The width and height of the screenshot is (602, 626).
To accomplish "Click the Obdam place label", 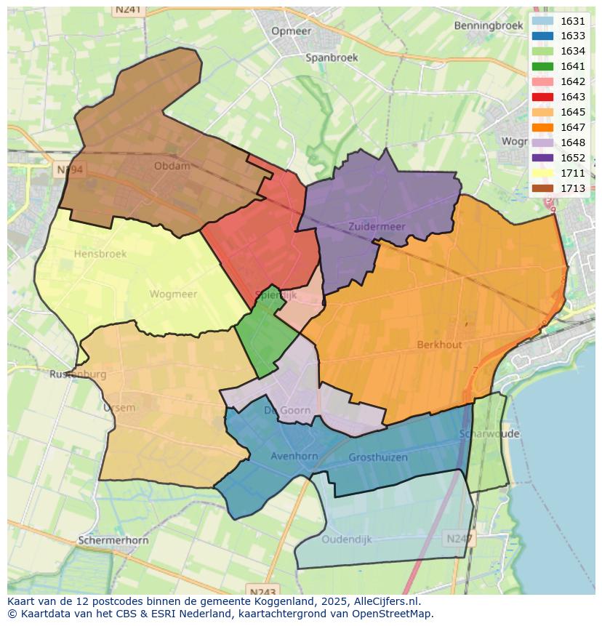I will (172, 166).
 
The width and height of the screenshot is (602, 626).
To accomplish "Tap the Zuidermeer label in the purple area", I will (377, 227).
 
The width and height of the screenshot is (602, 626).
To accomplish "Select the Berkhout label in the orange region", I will (439, 345).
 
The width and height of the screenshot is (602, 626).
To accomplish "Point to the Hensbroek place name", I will (100, 254).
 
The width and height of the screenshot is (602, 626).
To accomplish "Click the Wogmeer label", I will (173, 294).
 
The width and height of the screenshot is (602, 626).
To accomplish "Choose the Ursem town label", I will (119, 407).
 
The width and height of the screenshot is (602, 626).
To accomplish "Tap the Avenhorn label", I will (294, 457).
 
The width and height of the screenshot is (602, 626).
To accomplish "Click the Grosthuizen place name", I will (378, 457).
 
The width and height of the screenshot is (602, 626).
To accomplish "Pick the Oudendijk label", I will (347, 539).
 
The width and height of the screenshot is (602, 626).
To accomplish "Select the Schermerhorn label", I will (113, 541).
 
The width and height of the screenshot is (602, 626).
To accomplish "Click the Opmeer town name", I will (291, 31).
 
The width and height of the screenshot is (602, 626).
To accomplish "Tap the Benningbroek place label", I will (489, 25).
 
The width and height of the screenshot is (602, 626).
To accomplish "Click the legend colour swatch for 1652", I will (542, 158).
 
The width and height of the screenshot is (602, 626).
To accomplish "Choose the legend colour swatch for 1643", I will (542, 97).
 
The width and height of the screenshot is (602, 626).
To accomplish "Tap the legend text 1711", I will (573, 173).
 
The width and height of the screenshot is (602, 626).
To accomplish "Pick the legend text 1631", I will (573, 21).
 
